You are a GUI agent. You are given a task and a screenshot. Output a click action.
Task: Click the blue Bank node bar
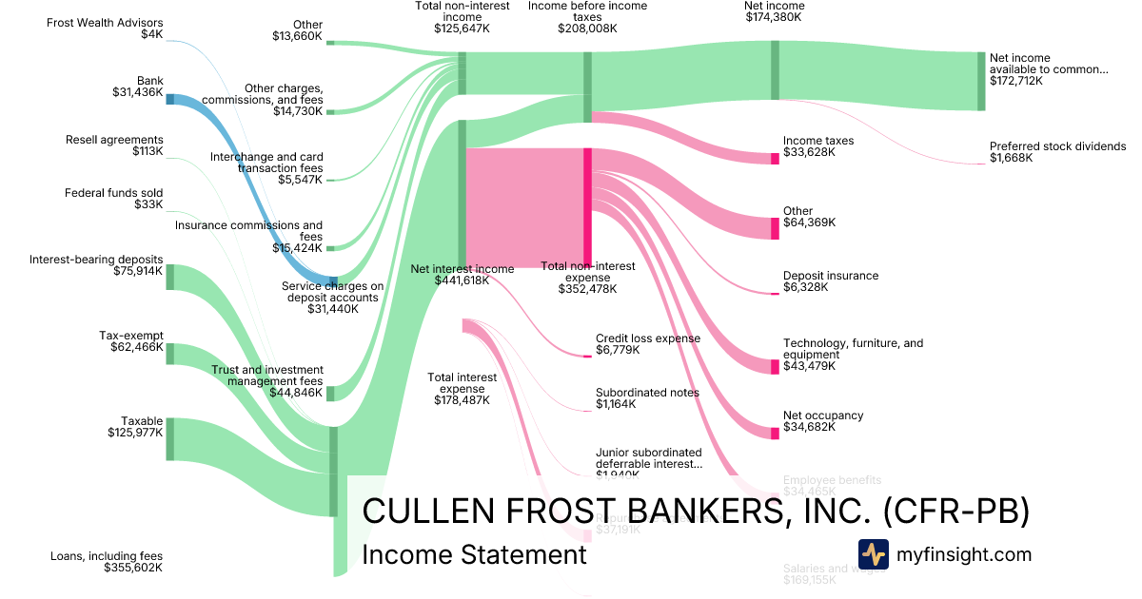169,99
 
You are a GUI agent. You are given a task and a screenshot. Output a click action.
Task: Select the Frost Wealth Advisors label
105,23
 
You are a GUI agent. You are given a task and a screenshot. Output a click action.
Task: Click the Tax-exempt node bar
169,354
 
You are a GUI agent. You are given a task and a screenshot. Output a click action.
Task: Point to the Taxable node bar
169,439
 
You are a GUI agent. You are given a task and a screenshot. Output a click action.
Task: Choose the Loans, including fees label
107,556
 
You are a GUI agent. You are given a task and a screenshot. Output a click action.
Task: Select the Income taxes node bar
775,158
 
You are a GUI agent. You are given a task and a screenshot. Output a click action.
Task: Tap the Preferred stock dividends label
1057,146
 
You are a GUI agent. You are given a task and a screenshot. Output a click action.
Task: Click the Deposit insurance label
830,276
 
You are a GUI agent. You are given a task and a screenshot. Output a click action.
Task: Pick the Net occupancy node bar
775,432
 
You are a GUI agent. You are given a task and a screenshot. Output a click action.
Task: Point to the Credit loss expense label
647,338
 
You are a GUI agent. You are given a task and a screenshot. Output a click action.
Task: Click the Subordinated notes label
647,393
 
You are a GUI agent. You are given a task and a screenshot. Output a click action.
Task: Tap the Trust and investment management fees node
330,394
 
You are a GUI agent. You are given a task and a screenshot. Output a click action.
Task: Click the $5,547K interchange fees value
301,180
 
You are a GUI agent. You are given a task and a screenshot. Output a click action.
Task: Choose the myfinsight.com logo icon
873,554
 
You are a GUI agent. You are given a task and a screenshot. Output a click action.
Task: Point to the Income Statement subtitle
475,554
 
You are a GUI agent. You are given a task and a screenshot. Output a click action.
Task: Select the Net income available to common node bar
981,81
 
